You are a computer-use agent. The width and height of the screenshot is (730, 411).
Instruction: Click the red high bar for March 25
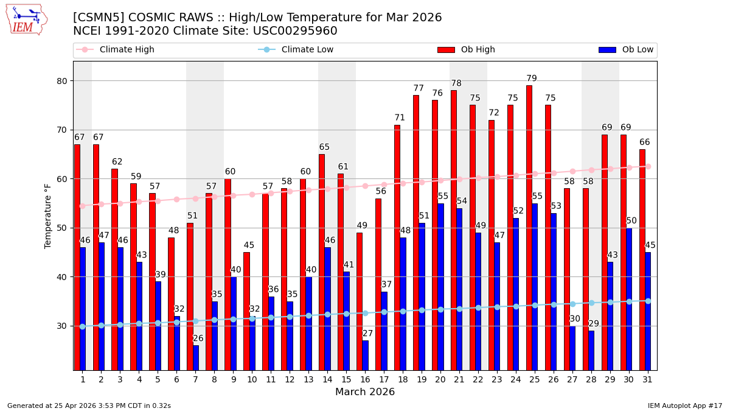[x=529, y=228]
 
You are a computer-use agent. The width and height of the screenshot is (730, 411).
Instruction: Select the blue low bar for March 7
[x=196, y=357]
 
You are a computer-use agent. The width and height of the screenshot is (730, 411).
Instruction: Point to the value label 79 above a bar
[x=532, y=79]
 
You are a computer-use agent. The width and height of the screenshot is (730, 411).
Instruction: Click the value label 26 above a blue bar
[x=198, y=339]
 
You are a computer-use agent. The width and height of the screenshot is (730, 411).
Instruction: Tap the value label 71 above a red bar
[x=400, y=118]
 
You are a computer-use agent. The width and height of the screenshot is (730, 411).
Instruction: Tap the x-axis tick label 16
[x=365, y=379]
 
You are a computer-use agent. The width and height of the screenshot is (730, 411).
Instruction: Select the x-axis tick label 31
[x=648, y=379]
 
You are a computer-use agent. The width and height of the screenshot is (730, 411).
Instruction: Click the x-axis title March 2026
[x=365, y=392]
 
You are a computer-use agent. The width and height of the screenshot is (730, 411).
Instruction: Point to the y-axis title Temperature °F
[x=48, y=216]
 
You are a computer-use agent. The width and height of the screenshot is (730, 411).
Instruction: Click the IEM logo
[x=26, y=19]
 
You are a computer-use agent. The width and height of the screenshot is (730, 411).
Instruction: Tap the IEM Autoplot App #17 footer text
[x=685, y=406]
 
